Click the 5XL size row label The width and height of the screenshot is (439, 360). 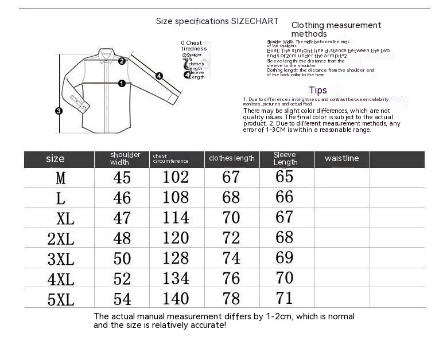(x=61, y=299)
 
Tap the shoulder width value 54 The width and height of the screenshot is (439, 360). (x=122, y=299)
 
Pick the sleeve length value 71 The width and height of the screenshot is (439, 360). (x=285, y=298)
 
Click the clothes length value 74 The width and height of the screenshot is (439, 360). (x=231, y=257)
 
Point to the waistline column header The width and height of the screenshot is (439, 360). (x=341, y=158)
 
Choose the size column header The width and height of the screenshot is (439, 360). (x=55, y=159)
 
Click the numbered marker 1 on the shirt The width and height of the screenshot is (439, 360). (x=122, y=83)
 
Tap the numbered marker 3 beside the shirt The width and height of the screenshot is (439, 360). (x=59, y=111)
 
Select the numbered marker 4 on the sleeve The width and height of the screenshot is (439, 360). (x=159, y=76)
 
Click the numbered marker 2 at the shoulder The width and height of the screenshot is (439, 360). (x=122, y=61)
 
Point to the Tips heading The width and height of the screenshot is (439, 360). (x=318, y=90)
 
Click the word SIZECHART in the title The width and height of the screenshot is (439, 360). (x=255, y=21)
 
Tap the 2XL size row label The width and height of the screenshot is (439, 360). (x=61, y=238)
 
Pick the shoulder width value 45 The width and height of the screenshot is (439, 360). (x=122, y=177)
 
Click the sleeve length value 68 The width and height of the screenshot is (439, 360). (x=285, y=237)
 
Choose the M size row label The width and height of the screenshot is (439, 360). (x=61, y=178)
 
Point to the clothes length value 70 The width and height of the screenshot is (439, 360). (x=231, y=217)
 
